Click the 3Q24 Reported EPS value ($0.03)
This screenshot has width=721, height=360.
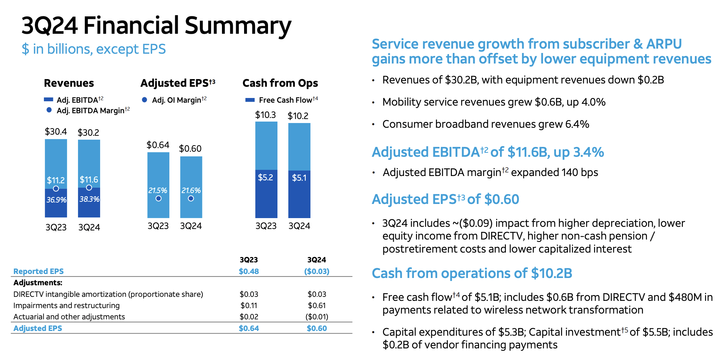pyautogui.click(x=317, y=271)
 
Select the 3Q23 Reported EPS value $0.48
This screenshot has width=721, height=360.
pyautogui.click(x=249, y=271)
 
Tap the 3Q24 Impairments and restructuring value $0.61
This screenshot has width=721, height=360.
pyautogui.click(x=317, y=306)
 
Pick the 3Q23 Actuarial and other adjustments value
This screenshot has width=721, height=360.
pyautogui.click(x=249, y=317)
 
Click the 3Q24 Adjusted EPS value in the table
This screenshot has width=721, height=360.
pyautogui.click(x=317, y=328)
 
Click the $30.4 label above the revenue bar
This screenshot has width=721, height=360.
pyautogui.click(x=56, y=131)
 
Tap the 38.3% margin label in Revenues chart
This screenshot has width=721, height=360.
pyautogui.click(x=89, y=199)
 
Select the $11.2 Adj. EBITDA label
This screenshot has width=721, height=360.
pyautogui.click(x=56, y=180)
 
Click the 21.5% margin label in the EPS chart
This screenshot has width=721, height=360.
pyautogui.click(x=158, y=191)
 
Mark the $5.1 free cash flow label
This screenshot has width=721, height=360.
pyautogui.click(x=299, y=178)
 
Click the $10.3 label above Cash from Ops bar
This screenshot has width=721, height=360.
pyautogui.click(x=265, y=115)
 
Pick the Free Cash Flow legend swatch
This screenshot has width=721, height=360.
pyautogui.click(x=250, y=100)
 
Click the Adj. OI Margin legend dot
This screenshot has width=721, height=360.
pyautogui.click(x=144, y=100)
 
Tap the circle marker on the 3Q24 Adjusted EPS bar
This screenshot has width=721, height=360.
pyautogui.click(x=191, y=199)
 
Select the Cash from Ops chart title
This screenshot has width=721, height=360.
pyautogui.click(x=280, y=83)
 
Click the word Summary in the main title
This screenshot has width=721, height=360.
pyautogui.click(x=238, y=26)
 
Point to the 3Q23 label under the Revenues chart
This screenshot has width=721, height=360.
pyautogui.click(x=56, y=227)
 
